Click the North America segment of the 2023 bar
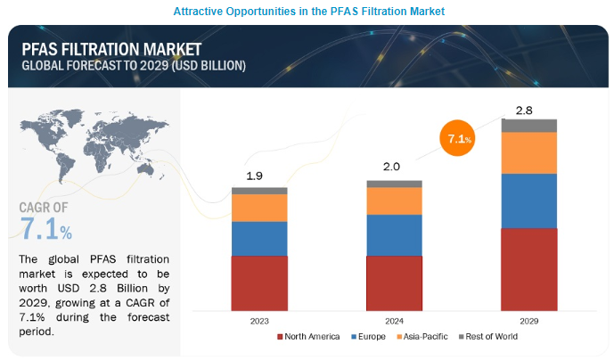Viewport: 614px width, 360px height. (x=259, y=282)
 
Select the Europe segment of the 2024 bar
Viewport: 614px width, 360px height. (x=394, y=234)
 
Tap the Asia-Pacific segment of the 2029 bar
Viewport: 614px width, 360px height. (x=528, y=152)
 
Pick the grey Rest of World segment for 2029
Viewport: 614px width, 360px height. (x=528, y=126)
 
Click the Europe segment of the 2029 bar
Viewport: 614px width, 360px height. (x=528, y=200)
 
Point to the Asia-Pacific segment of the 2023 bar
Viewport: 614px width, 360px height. (x=259, y=208)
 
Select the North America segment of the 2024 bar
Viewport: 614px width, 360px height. (x=394, y=282)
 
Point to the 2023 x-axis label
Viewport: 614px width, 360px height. (x=259, y=319)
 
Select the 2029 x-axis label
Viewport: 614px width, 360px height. (x=528, y=319)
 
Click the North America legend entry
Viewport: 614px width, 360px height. (x=311, y=337)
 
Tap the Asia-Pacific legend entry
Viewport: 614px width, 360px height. (x=426, y=337)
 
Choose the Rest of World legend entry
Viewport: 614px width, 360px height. (x=487, y=337)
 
